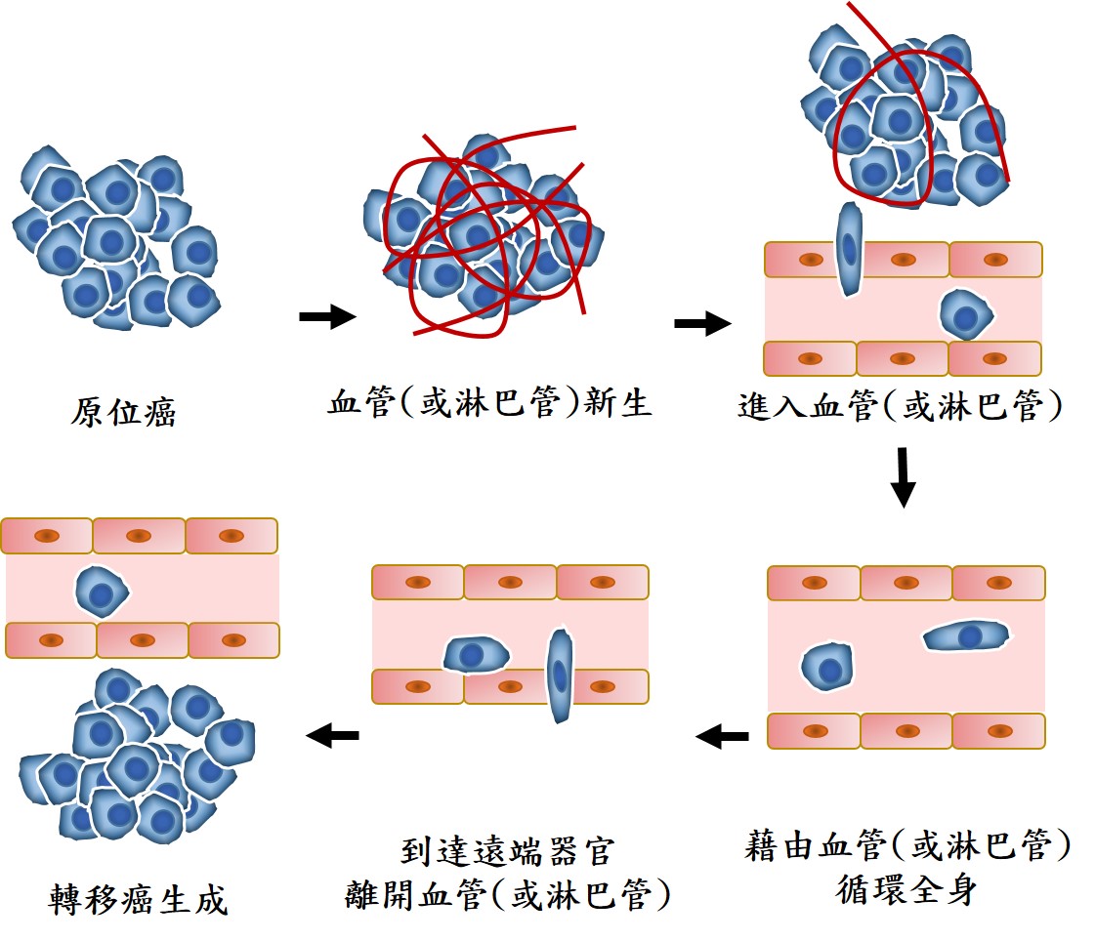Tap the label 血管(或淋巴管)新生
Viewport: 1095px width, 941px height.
tap(489, 402)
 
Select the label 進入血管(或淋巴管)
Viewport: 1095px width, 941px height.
tap(900, 406)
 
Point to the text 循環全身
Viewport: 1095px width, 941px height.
tap(905, 889)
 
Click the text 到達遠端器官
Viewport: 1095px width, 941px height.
tap(507, 851)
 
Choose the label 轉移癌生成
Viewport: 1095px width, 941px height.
tap(138, 899)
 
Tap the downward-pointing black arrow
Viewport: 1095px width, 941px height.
tap(905, 477)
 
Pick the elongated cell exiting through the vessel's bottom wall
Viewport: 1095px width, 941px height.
tap(560, 675)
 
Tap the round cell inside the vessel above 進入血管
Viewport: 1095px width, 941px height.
tap(966, 314)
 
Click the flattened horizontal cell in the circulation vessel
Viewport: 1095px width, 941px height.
tap(966, 637)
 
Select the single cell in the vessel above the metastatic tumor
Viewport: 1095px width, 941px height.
tap(103, 591)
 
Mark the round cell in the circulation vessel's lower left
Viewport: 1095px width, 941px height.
tap(828, 670)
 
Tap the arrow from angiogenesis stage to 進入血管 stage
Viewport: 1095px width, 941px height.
tap(702, 324)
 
